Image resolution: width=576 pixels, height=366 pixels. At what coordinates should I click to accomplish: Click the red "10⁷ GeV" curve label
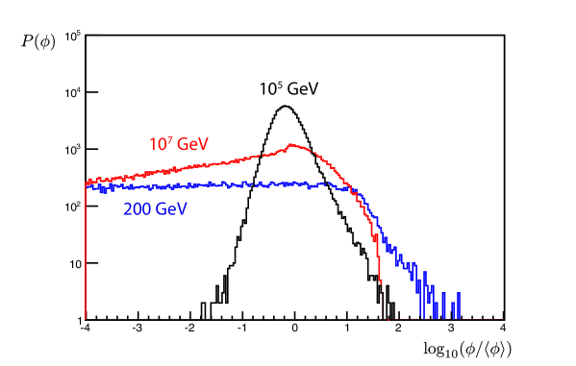pos(179,144)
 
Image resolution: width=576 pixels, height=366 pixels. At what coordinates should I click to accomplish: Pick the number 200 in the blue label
pos(138,208)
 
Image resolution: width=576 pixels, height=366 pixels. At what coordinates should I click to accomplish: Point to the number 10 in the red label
pos(158,145)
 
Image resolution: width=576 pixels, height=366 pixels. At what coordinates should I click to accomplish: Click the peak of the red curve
pos(293,146)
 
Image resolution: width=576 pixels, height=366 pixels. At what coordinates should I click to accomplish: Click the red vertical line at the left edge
pos(86,250)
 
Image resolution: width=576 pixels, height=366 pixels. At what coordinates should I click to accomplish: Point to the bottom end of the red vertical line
pos(86,318)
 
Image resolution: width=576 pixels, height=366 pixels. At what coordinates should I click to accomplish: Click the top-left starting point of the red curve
pos(87,182)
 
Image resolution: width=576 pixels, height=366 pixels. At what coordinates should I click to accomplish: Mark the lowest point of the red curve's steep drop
pos(383,284)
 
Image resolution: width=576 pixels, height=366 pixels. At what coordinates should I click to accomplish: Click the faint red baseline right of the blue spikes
pos(486,319)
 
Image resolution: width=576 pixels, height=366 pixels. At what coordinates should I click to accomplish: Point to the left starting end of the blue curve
pos(88,187)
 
